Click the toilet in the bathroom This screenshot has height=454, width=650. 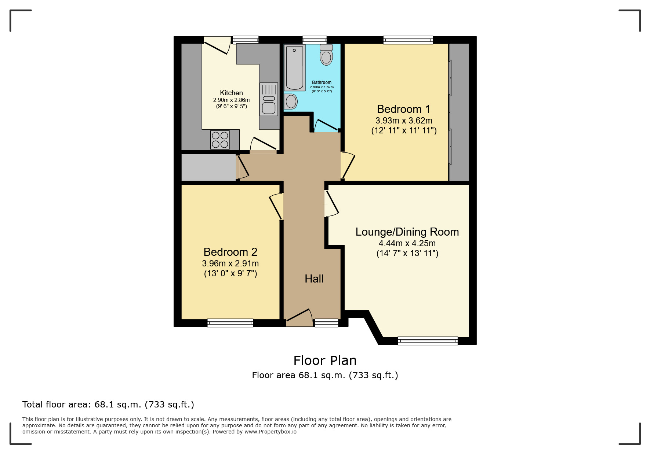tap(326, 55)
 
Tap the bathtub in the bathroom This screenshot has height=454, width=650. tap(295, 67)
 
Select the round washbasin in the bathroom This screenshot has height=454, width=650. tap(291, 101)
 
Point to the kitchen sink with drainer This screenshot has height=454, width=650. tap(269, 99)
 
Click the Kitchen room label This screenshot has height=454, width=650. tap(231, 93)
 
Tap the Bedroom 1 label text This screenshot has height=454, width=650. tap(403, 109)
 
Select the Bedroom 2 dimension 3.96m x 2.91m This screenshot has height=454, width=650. tap(230, 263)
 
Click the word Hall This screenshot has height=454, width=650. tap(314, 279)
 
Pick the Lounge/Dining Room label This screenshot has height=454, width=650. tap(407, 232)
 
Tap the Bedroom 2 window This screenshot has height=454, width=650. tap(230, 323)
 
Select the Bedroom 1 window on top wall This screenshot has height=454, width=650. tap(408, 40)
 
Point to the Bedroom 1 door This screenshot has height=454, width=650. tap(348, 165)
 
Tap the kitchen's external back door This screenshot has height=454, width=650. tap(217, 45)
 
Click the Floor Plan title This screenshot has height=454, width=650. tap(325, 361)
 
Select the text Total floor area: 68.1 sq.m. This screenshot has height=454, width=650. tap(108, 405)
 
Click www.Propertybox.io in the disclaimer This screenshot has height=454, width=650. tap(270, 432)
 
